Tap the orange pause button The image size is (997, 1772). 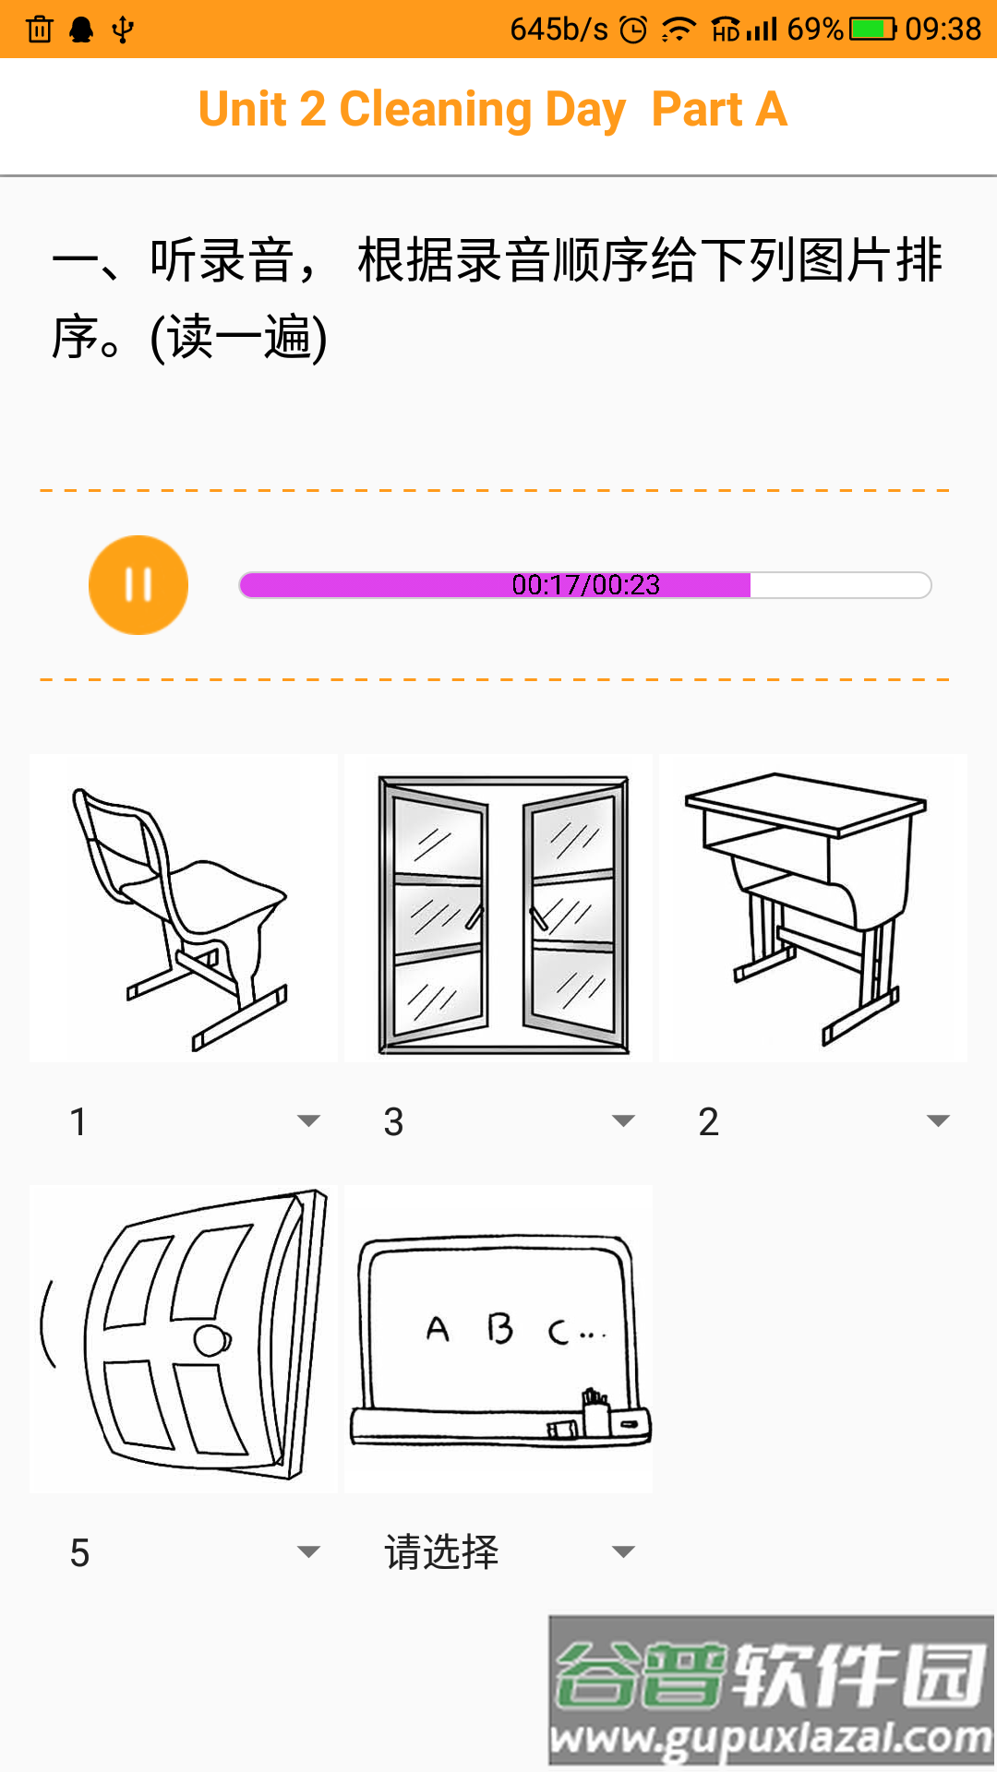tap(138, 585)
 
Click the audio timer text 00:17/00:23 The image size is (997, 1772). tap(585, 585)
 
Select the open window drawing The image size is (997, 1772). tap(503, 914)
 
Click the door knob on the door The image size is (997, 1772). tap(212, 1340)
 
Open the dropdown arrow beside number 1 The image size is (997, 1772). tap(308, 1121)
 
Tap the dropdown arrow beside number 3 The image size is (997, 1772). tap(623, 1121)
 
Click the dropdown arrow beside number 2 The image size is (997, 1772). tap(938, 1121)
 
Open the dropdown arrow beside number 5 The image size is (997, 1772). tap(308, 1552)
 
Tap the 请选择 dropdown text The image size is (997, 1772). tap(441, 1552)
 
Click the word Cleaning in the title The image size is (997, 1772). tap(436, 110)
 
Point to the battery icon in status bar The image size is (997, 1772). tap(872, 30)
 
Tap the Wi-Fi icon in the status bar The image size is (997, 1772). tap(679, 30)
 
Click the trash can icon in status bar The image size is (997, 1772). tap(40, 30)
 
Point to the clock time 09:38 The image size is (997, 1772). tap(943, 30)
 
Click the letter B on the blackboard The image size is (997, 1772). tap(499, 1329)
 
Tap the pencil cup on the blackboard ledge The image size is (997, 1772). tap(595, 1412)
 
